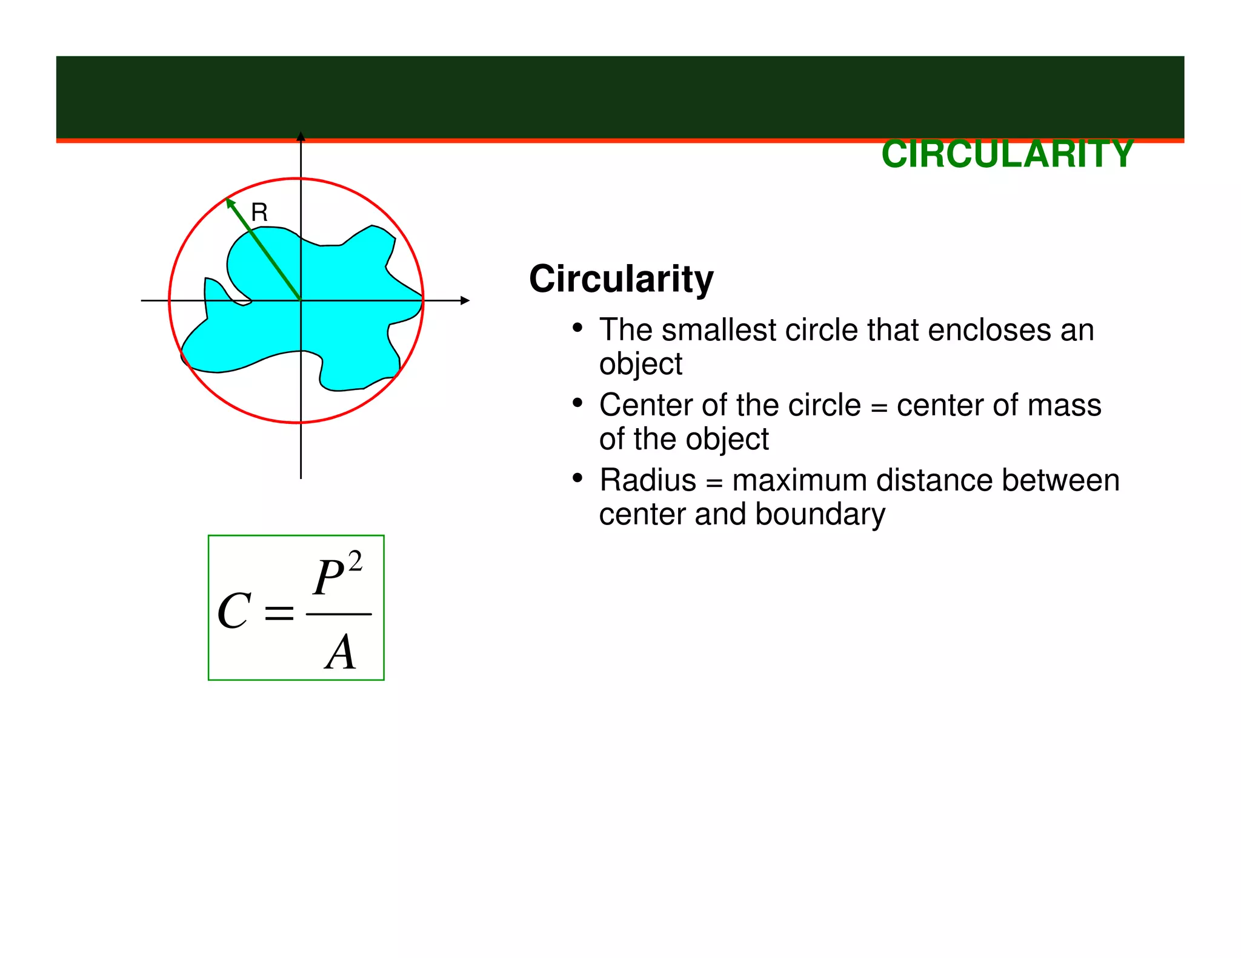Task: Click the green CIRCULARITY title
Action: pyautogui.click(x=1007, y=154)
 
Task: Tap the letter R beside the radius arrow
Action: pyautogui.click(x=259, y=213)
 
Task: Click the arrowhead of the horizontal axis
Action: pyautogui.click(x=465, y=300)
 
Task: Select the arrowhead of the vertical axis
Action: pyautogui.click(x=301, y=136)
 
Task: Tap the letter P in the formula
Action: pyautogui.click(x=329, y=577)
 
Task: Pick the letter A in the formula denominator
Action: pyautogui.click(x=341, y=652)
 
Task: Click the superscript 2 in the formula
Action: pyautogui.click(x=355, y=561)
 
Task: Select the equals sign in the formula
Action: pyautogui.click(x=279, y=613)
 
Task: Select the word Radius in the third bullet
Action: pyautogui.click(x=648, y=480)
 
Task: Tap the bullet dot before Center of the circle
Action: pyautogui.click(x=577, y=403)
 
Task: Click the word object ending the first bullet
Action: pyautogui.click(x=640, y=365)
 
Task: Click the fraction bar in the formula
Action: pyautogui.click(x=339, y=614)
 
